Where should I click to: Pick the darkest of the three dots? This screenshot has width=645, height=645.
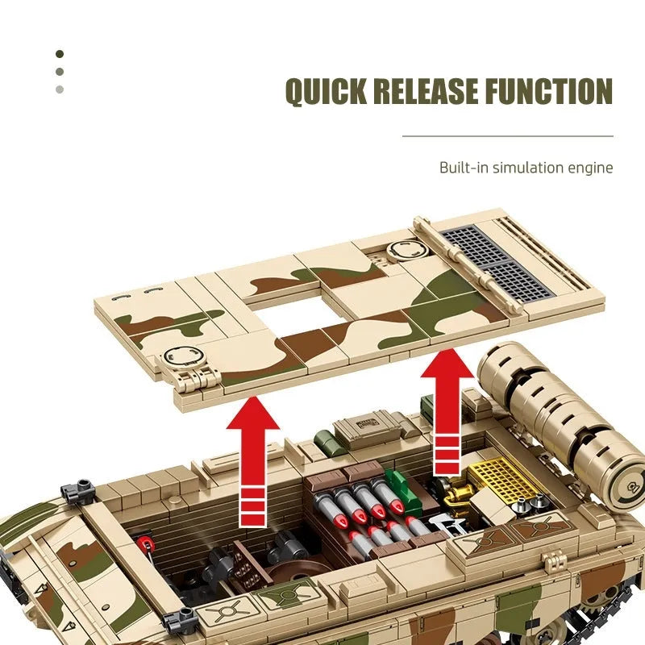[x=60, y=54]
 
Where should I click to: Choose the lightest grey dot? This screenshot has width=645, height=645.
[x=60, y=89]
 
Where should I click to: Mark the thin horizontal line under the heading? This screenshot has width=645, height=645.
[x=508, y=135]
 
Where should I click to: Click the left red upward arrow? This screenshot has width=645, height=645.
[x=252, y=460]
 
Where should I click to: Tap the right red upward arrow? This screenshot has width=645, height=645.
[x=447, y=412]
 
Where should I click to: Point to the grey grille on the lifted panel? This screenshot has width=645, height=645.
[x=496, y=263]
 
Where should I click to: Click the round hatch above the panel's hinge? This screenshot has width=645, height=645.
[x=184, y=356]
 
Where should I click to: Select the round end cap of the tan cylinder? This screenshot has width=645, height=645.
[x=625, y=488]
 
